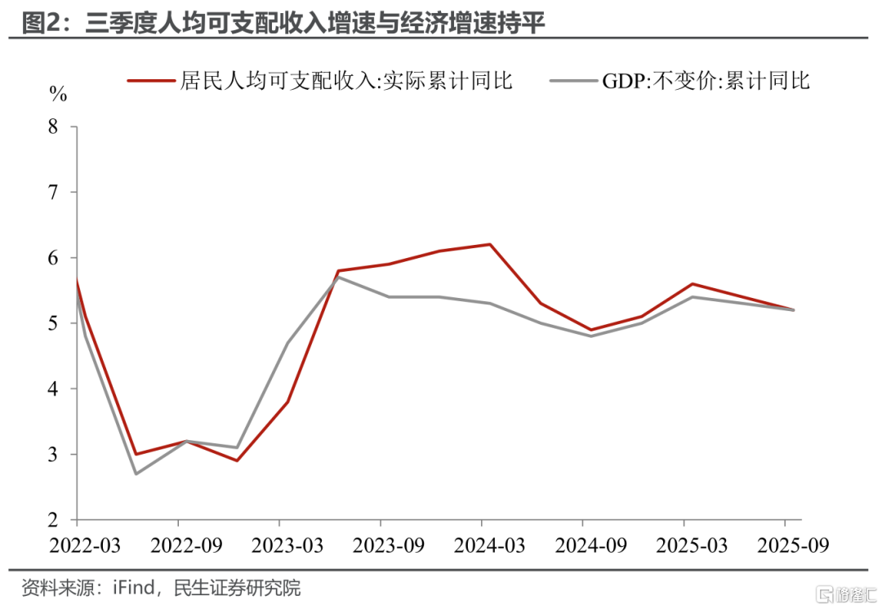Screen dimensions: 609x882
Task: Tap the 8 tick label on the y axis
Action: [54, 127]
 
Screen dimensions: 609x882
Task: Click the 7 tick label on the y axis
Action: [54, 193]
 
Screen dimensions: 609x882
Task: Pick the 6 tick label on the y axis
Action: [54, 258]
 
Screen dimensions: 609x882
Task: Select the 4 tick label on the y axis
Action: [54, 389]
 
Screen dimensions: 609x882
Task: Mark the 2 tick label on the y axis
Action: [54, 520]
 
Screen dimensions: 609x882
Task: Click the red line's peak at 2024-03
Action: [490, 244]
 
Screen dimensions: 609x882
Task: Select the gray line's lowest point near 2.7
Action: [135, 473]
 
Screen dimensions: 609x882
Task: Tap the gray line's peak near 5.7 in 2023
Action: [338, 277]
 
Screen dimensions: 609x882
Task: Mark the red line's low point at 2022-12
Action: [237, 460]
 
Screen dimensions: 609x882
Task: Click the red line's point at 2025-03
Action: [692, 284]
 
